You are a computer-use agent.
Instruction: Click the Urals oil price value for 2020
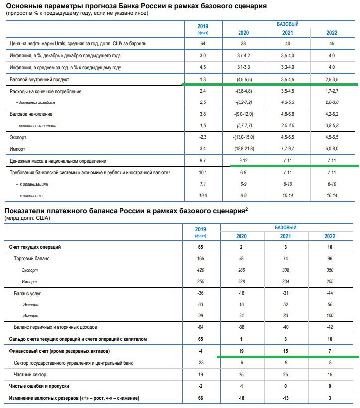point(243,43)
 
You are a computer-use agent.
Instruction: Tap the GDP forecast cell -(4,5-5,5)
point(243,79)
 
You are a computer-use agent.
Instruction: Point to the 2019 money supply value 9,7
point(202,161)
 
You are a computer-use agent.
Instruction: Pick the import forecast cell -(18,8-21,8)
point(243,149)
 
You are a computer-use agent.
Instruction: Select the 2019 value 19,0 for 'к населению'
point(202,196)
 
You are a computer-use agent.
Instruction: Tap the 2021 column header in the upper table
point(287,33)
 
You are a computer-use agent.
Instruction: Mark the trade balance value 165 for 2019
point(201,259)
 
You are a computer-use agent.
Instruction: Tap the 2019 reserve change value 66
point(201,398)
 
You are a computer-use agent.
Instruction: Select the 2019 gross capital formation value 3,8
point(202,114)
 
